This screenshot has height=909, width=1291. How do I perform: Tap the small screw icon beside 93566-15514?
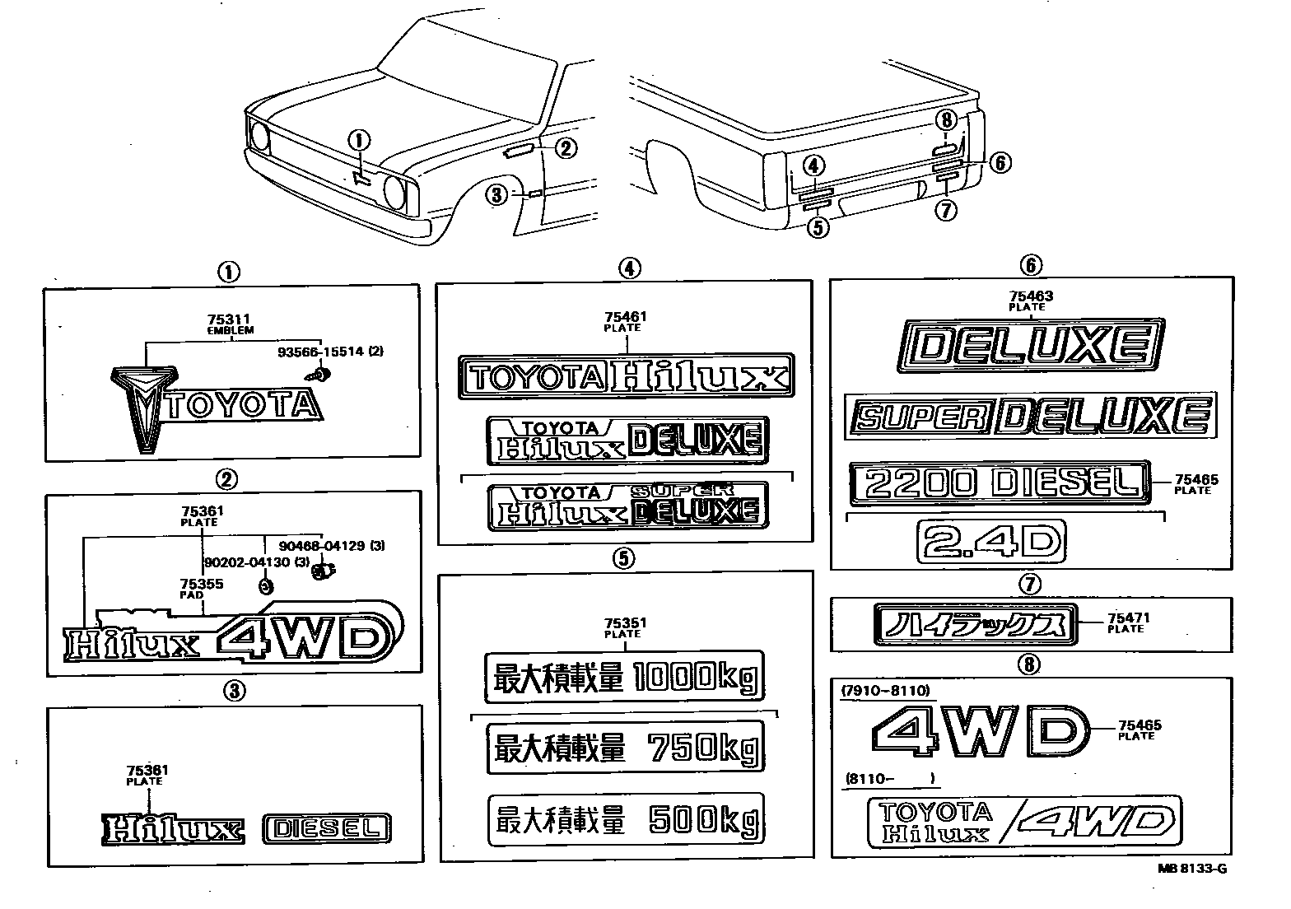[322, 374]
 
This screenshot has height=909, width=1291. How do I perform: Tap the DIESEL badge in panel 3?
[327, 829]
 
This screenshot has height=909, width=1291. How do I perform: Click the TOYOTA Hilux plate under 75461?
[626, 377]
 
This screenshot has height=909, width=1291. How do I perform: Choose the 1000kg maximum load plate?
[623, 677]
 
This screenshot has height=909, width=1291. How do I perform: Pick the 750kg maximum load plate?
[625, 748]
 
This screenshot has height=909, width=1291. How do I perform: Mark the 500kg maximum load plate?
[625, 819]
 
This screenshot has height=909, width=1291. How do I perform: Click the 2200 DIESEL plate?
[998, 481]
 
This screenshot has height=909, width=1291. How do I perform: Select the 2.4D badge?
[991, 541]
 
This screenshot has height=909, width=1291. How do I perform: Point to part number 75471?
[1128, 618]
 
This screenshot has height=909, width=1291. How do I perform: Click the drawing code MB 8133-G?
[1197, 868]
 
